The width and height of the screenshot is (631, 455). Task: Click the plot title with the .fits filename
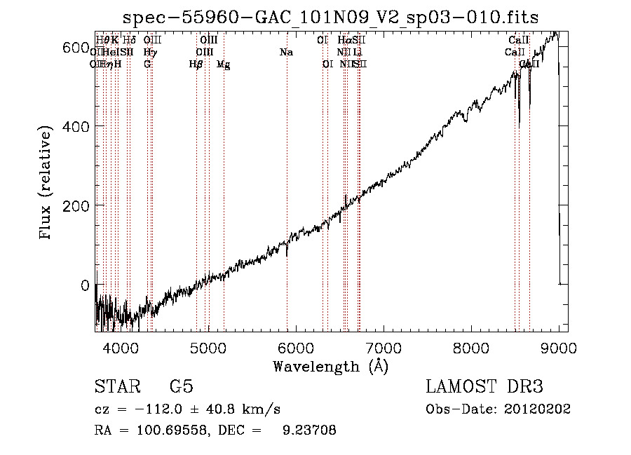click(x=330, y=18)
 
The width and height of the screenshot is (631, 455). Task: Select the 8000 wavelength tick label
click(x=471, y=347)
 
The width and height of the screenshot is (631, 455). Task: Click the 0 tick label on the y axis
click(x=83, y=285)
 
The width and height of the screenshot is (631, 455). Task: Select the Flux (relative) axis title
click(x=47, y=184)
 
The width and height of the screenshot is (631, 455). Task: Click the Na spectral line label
click(x=286, y=53)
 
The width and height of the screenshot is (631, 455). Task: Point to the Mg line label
click(x=223, y=64)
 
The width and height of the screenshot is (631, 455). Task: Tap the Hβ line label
click(x=196, y=64)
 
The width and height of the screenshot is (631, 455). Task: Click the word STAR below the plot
click(x=116, y=388)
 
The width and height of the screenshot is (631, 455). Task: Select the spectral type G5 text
click(x=181, y=388)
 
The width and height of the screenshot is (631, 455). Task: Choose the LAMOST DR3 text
click(x=484, y=388)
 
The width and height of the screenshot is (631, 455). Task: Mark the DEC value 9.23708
click(x=308, y=431)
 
